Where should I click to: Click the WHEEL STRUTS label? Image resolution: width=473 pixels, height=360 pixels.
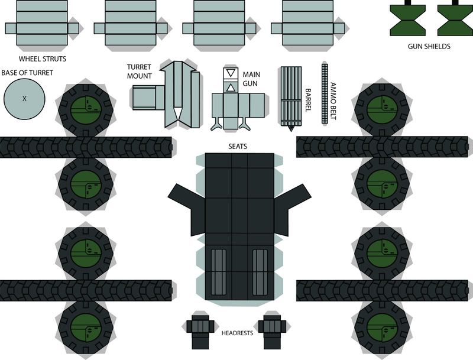tap(42, 59)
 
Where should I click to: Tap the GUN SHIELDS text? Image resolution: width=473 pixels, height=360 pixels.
tap(429, 46)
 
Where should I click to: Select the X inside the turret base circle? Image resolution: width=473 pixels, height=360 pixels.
tap(24, 99)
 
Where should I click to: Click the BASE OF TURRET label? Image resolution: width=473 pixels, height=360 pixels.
tap(27, 73)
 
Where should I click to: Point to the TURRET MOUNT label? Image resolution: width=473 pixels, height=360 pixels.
tap(140, 71)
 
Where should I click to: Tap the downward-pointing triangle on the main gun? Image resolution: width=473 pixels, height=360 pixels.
tap(230, 74)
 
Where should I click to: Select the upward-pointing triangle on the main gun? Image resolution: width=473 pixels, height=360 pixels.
tap(230, 87)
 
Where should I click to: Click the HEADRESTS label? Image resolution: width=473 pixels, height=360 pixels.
tap(237, 333)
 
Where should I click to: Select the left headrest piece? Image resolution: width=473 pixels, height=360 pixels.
tap(199, 327)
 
